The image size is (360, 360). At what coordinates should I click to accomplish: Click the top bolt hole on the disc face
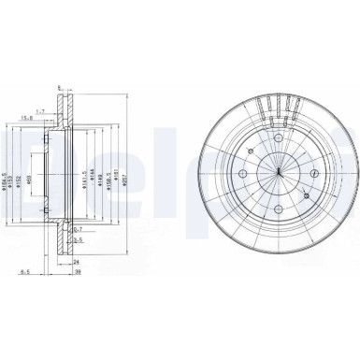click(278, 139)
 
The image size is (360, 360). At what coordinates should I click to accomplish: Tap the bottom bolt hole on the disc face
click(278, 209)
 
